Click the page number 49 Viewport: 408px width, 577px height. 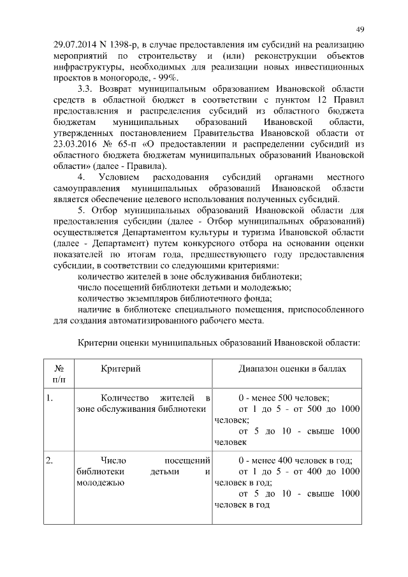click(x=360, y=30)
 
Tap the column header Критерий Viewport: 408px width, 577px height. click(x=120, y=369)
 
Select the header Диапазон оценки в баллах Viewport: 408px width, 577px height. click(x=294, y=369)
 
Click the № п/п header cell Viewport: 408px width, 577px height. click(x=58, y=374)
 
